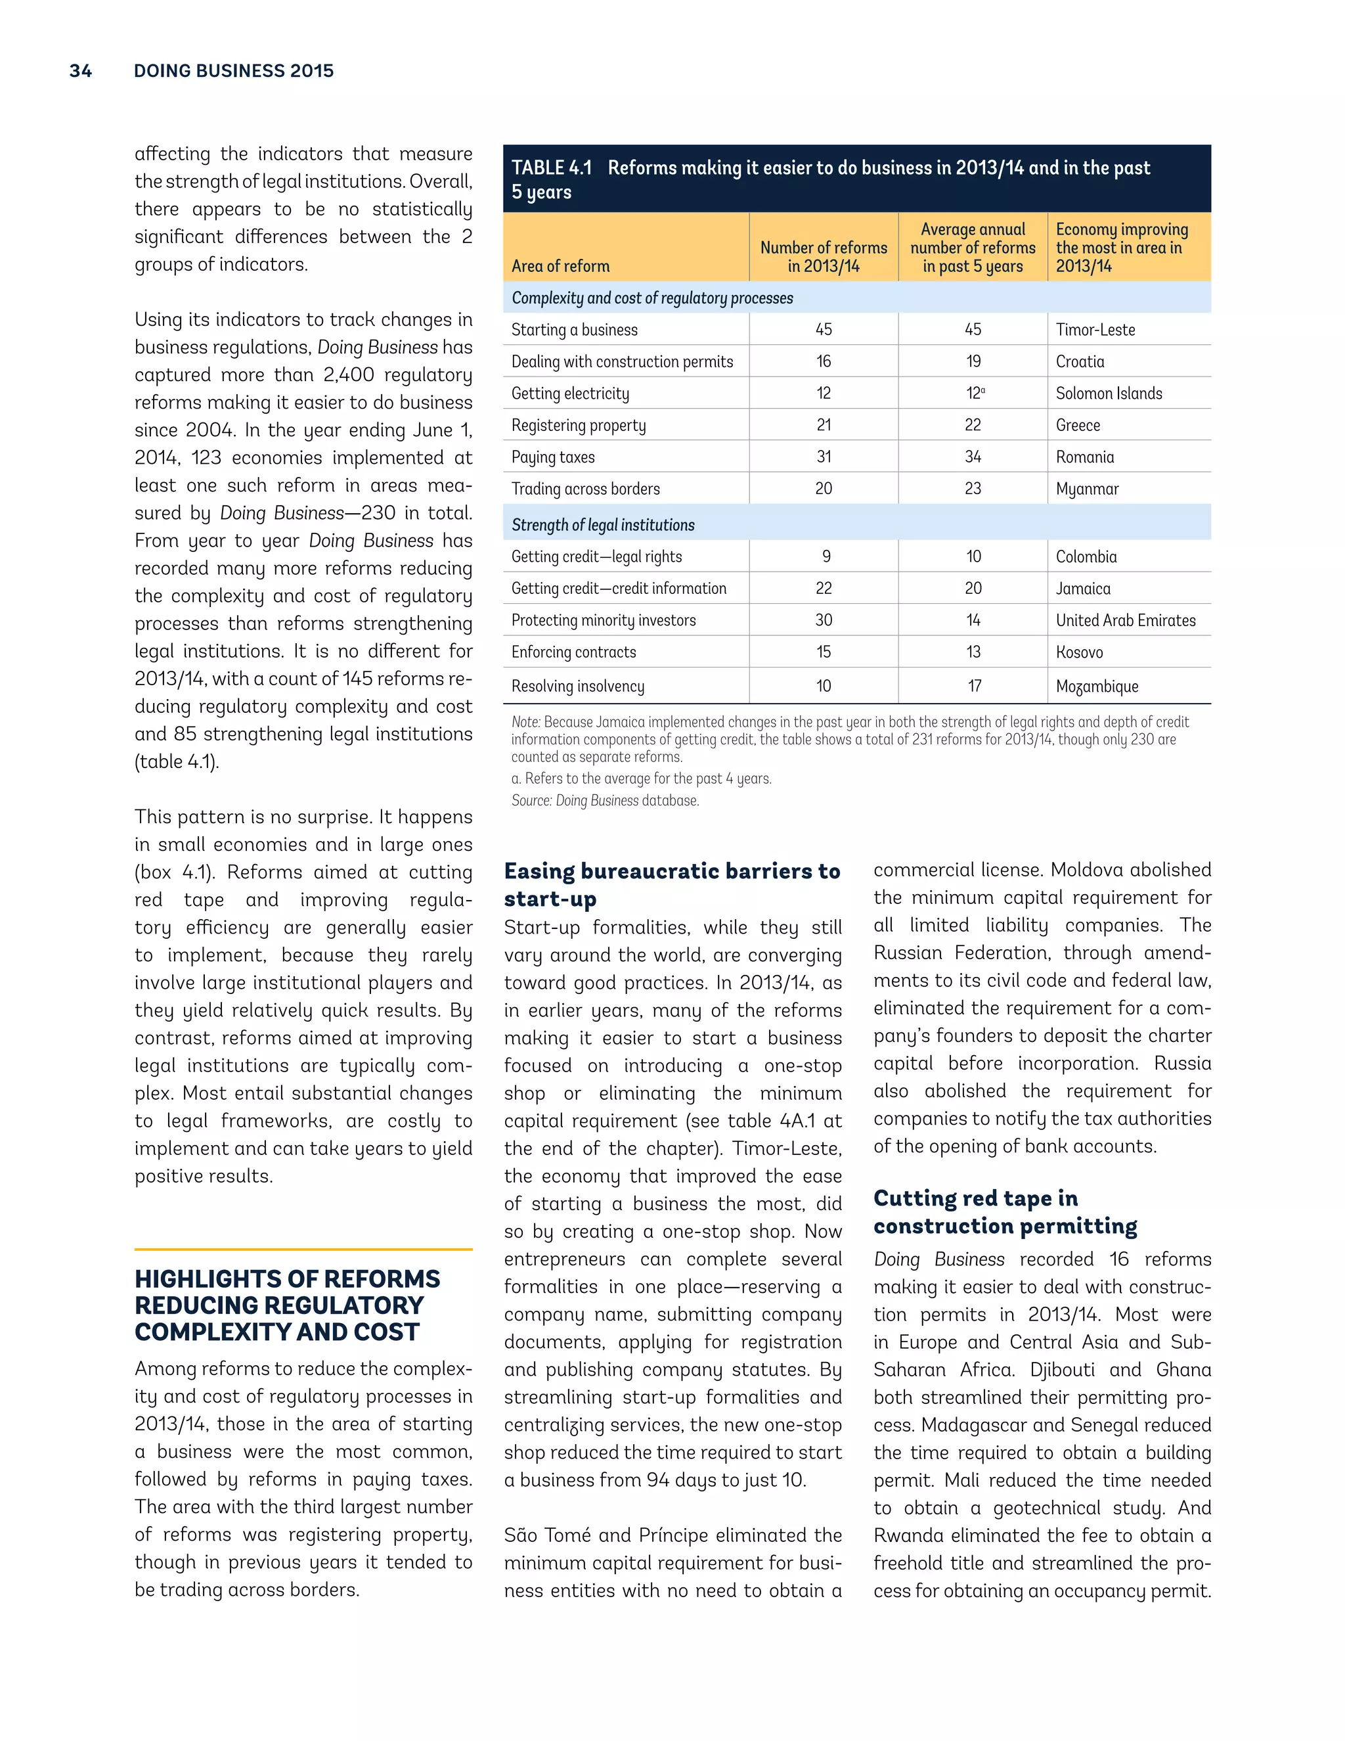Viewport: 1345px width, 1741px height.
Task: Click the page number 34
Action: tap(81, 71)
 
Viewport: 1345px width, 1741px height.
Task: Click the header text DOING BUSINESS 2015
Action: tap(233, 71)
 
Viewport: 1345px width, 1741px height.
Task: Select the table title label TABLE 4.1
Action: tap(552, 168)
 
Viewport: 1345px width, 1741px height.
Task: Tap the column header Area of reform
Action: tap(560, 266)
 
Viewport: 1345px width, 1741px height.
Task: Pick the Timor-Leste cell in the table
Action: tap(1095, 330)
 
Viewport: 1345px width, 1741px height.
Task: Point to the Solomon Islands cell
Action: tap(1109, 394)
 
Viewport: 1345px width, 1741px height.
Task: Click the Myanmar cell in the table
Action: tap(1087, 489)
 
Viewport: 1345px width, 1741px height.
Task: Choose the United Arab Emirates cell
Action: tap(1125, 621)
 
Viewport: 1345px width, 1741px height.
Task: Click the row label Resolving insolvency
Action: tap(578, 687)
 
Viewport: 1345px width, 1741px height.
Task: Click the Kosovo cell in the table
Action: tap(1079, 653)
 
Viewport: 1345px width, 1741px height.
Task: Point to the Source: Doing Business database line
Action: tap(605, 800)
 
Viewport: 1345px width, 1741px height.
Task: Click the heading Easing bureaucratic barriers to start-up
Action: tap(671, 884)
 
